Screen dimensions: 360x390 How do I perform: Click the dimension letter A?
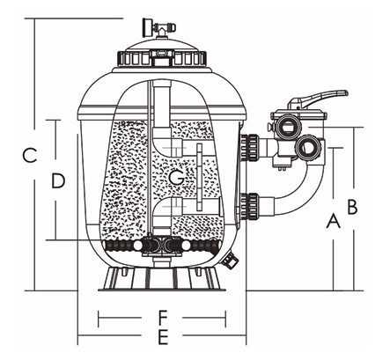coord(333,221)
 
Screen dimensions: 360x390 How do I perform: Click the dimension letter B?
coord(351,207)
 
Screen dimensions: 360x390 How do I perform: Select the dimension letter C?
coord(28,156)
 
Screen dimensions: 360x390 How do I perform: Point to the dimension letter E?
coord(162,336)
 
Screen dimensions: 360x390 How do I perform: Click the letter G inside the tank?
coord(176,179)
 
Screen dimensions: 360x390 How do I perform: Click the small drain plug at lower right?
coord(232,260)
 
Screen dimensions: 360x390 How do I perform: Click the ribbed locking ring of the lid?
coord(162,60)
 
